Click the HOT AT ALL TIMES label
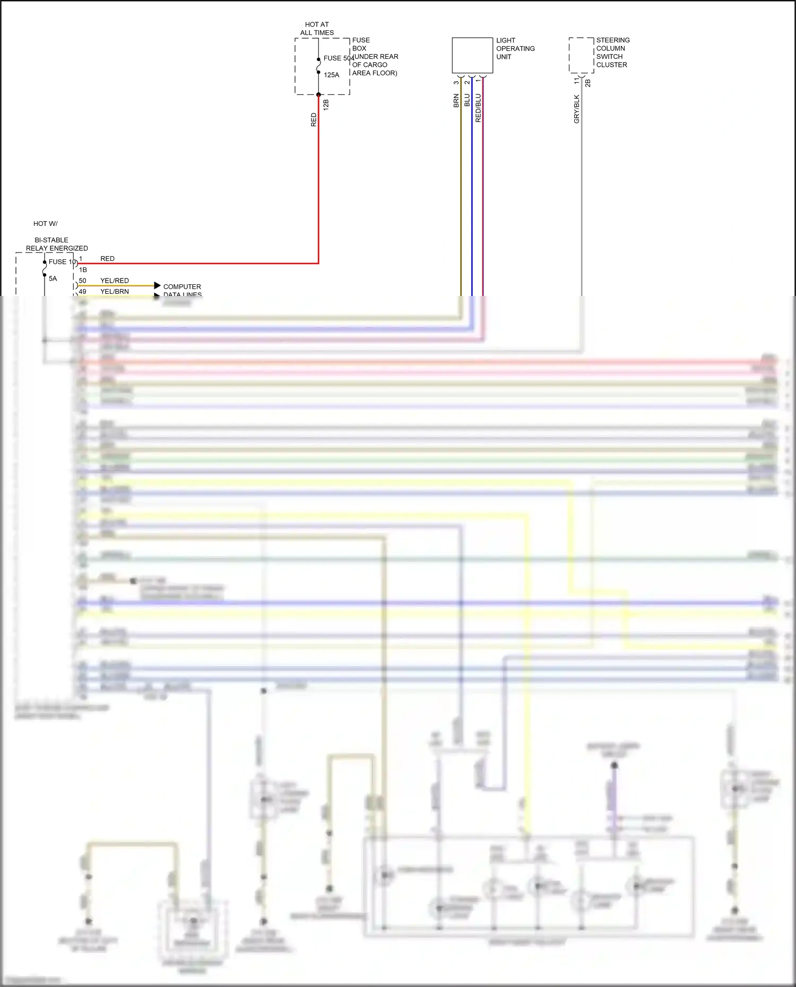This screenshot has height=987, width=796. pyautogui.click(x=317, y=29)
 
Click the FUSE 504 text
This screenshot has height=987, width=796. pyautogui.click(x=338, y=58)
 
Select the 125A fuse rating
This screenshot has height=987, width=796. pyautogui.click(x=332, y=75)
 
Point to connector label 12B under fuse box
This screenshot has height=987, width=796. pyautogui.click(x=326, y=104)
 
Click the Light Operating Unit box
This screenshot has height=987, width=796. pyautogui.click(x=472, y=55)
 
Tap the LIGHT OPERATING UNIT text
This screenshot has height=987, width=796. pyautogui.click(x=515, y=48)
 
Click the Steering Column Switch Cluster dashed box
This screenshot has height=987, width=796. pyautogui.click(x=581, y=55)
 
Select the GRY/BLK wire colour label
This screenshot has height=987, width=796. pyautogui.click(x=577, y=109)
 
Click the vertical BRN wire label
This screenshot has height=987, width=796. pyautogui.click(x=456, y=100)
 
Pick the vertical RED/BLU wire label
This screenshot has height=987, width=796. pyautogui.click(x=478, y=108)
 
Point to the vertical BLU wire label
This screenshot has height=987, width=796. pyautogui.click(x=467, y=100)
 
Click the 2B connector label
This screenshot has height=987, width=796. pyautogui.click(x=587, y=83)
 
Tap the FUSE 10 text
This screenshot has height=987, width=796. pyautogui.click(x=62, y=262)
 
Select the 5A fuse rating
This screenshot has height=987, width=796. pyautogui.click(x=53, y=278)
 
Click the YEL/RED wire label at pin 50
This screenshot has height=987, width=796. pyautogui.click(x=115, y=281)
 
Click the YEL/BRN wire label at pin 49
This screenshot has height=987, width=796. pyautogui.click(x=115, y=291)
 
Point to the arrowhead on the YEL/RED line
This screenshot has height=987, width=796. pyautogui.click(x=157, y=285)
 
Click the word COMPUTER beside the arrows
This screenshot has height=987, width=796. pyautogui.click(x=182, y=286)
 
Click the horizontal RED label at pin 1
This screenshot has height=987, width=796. pyautogui.click(x=107, y=259)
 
